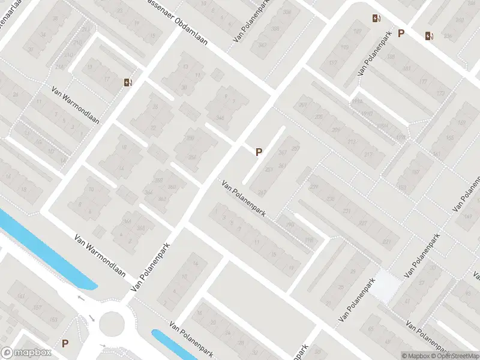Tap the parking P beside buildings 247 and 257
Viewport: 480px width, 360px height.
259,152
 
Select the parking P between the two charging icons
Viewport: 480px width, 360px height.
401,34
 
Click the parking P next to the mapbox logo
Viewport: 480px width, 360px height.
65,344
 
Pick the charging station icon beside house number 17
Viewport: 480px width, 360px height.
127,83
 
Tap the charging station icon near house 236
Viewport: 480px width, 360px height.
428,35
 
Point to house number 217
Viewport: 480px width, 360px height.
368,155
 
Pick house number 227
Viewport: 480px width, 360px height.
362,224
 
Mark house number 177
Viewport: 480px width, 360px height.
424,82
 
